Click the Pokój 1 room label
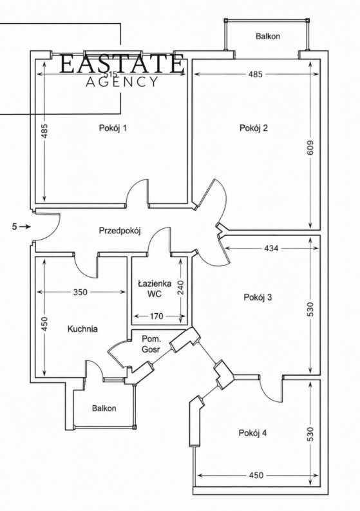pyautogui.click(x=113, y=128)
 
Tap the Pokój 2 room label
pyautogui.click(x=254, y=128)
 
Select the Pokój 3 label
pyautogui.click(x=258, y=297)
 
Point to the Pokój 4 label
pyautogui.click(x=253, y=433)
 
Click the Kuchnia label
pyautogui.click(x=82, y=329)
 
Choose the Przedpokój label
pyautogui.click(x=120, y=231)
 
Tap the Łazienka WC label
pyautogui.click(x=155, y=289)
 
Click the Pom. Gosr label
pyautogui.click(x=151, y=344)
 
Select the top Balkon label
pyautogui.click(x=268, y=36)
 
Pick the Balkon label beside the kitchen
pyautogui.click(x=104, y=409)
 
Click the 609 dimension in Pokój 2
pyautogui.click(x=310, y=148)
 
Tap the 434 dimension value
pyautogui.click(x=271, y=248)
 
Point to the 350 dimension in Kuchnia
pyautogui.click(x=80, y=292)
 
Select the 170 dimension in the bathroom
pyautogui.click(x=156, y=316)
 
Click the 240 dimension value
pyautogui.click(x=180, y=287)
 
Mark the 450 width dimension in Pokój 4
pyautogui.click(x=256, y=475)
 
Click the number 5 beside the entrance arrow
pyautogui.click(x=14, y=226)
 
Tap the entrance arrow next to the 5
pyautogui.click(x=24, y=226)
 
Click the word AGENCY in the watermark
pyautogui.click(x=122, y=82)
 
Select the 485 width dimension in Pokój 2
pyautogui.click(x=255, y=74)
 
